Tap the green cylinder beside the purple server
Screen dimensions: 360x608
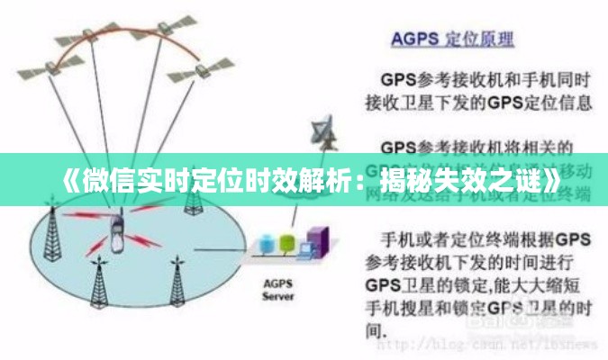pyautogui.click(x=287, y=243)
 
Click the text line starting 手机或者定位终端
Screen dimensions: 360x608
pyautogui.click(x=477, y=239)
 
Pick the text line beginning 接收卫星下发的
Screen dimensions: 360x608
pyautogui.click(x=477, y=102)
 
